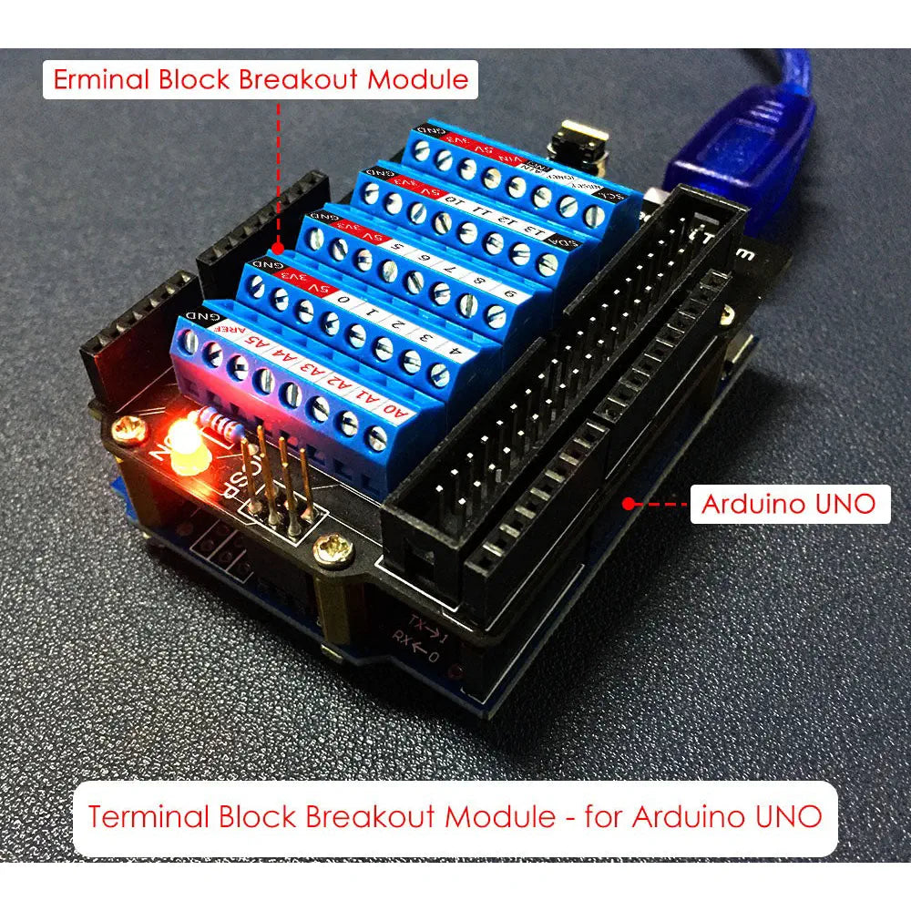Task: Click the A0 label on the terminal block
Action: click(x=397, y=409)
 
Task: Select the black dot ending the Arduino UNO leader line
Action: click(x=627, y=502)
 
